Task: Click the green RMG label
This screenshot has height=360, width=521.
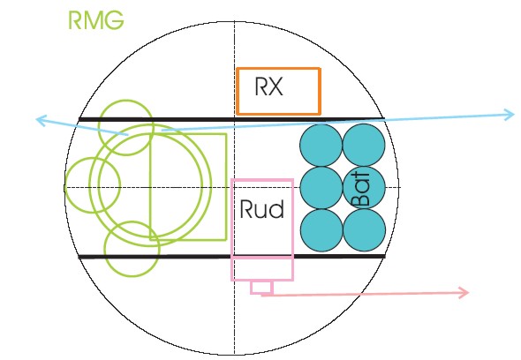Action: (96, 20)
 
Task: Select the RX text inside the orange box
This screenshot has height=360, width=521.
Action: (268, 86)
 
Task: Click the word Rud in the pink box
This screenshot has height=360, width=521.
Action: (262, 209)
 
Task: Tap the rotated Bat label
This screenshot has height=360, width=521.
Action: (360, 190)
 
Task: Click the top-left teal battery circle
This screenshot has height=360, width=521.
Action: (321, 145)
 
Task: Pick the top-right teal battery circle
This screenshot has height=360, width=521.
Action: (364, 145)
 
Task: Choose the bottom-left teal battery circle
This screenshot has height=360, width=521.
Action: (321, 230)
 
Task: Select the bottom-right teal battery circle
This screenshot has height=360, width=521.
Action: (364, 229)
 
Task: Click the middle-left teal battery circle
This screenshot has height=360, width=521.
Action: (321, 188)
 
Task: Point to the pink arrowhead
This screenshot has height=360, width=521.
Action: (464, 293)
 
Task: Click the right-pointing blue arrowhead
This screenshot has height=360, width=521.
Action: (510, 115)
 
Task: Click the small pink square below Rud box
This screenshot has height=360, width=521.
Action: (262, 288)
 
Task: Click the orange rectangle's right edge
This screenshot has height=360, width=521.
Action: (320, 92)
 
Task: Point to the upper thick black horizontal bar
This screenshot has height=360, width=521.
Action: (231, 119)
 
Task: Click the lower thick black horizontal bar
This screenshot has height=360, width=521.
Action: (231, 257)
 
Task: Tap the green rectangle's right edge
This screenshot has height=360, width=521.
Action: (226, 187)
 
